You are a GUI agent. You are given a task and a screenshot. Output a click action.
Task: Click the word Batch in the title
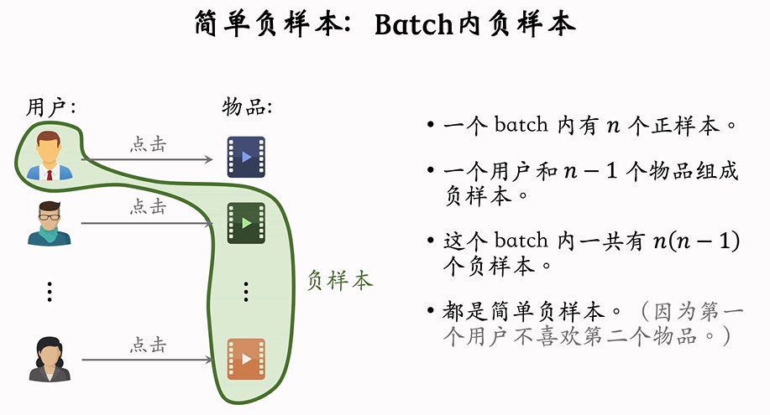(x=414, y=25)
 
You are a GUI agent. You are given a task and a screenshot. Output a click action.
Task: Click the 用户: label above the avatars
(x=51, y=108)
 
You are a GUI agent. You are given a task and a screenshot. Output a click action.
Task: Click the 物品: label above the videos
(x=247, y=108)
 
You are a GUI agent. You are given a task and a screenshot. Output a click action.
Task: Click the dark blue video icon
(x=246, y=157)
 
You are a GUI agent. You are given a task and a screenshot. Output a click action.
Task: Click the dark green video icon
(x=246, y=223)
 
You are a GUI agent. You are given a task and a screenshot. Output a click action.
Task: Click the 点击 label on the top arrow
(x=148, y=143)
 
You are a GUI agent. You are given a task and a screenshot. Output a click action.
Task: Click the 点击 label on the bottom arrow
(x=148, y=345)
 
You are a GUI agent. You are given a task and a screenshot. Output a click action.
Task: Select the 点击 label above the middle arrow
(x=148, y=207)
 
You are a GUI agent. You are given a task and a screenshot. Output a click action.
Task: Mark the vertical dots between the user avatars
(x=50, y=292)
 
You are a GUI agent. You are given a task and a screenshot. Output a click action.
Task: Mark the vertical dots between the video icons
(x=246, y=292)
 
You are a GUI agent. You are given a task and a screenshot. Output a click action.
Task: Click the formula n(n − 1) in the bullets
(x=696, y=241)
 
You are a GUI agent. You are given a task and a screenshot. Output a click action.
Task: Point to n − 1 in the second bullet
(x=595, y=172)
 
